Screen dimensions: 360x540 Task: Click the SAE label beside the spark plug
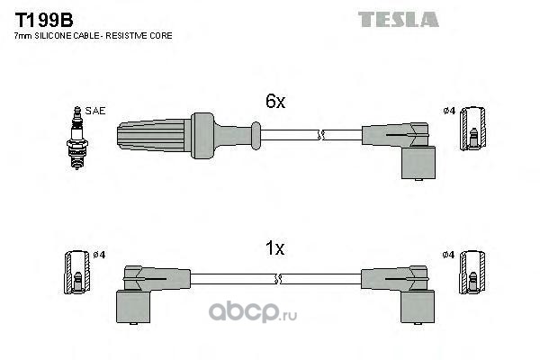(97, 111)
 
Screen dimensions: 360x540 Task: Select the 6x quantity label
(274, 103)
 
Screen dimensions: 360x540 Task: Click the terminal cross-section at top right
(473, 129)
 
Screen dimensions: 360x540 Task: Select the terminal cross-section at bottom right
(473, 272)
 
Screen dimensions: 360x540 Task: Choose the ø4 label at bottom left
(100, 255)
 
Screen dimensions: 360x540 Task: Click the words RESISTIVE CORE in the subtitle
(143, 36)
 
